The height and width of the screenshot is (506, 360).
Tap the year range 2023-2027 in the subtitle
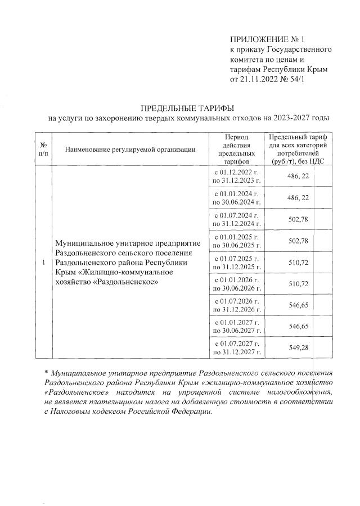tap(292, 118)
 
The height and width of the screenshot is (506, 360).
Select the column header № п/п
tap(43, 149)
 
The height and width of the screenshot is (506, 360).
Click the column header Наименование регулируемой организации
tap(130, 149)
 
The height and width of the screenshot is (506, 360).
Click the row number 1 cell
tap(43, 263)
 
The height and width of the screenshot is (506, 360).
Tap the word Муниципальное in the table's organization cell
tap(82, 243)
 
